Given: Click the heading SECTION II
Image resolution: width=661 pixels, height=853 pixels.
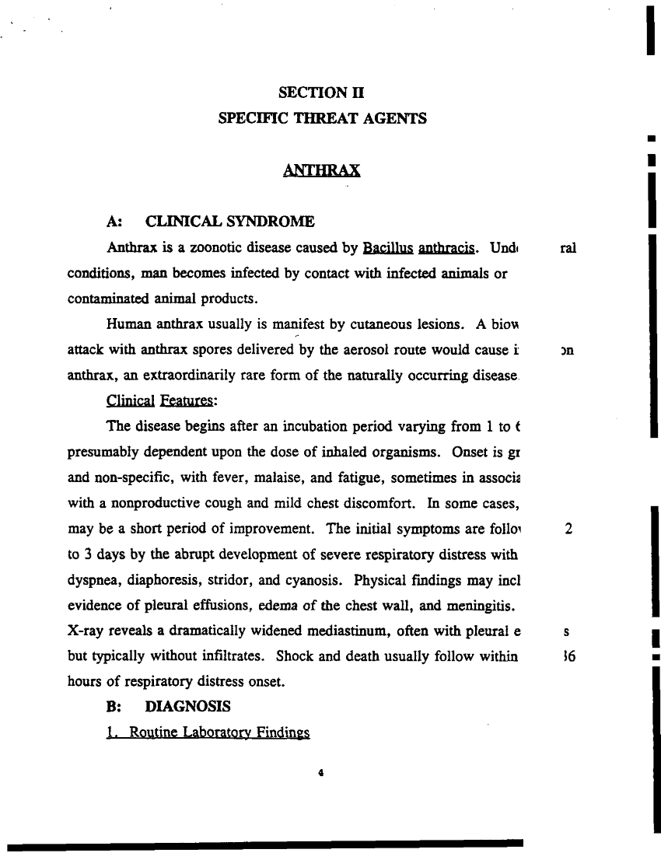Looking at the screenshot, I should (x=321, y=93).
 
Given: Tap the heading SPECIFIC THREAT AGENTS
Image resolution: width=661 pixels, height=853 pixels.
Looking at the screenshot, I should (x=322, y=119).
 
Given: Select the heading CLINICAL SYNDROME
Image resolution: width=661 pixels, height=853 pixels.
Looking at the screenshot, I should (x=230, y=222).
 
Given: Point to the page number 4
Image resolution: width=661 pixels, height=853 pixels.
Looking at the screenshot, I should (x=320, y=773).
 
